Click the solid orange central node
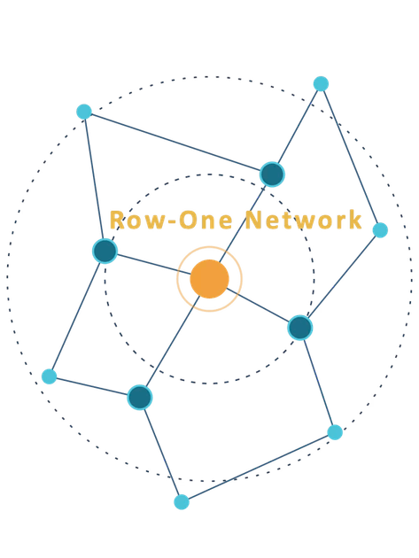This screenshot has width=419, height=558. pyautogui.click(x=209, y=279)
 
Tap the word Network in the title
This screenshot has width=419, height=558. pyautogui.click(x=303, y=220)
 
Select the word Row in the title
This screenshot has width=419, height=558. pyautogui.click(x=138, y=220)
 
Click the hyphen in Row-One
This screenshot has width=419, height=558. pyautogui.click(x=173, y=222)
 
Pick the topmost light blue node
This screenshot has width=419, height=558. pyautogui.click(x=321, y=84)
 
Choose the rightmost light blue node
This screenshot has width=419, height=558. pyautogui.click(x=380, y=230)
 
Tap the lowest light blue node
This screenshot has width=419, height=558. pyautogui.click(x=182, y=502)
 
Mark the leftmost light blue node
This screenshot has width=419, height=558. pyautogui.click(x=49, y=376)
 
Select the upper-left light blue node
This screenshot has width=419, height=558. pyautogui.click(x=84, y=112)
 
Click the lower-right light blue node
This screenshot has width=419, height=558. pyautogui.click(x=335, y=432)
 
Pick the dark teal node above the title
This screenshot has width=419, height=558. pyautogui.click(x=272, y=174)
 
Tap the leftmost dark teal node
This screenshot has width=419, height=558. pyautogui.click(x=105, y=251)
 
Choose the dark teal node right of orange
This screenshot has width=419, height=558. pyautogui.click(x=300, y=328)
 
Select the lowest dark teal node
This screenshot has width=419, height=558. pyautogui.click(x=140, y=397)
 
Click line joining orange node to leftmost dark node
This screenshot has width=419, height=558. pyautogui.click(x=154, y=264)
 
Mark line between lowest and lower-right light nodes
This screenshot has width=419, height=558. pyautogui.click(x=258, y=467)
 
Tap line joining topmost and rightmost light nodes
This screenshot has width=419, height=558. pyautogui.click(x=350, y=157)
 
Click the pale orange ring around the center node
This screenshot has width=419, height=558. pyautogui.click(x=209, y=246)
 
